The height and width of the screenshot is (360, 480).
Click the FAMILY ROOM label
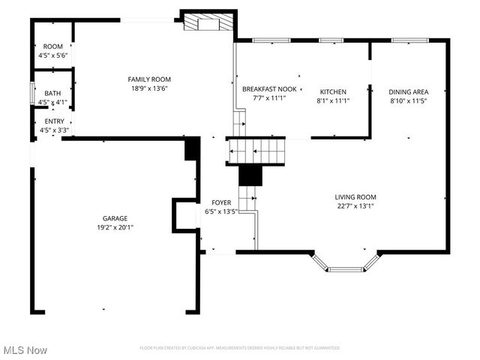click(149, 79)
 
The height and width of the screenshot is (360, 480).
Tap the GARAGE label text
click(115, 218)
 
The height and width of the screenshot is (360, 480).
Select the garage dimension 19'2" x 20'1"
click(115, 227)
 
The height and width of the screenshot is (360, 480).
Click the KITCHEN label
click(333, 92)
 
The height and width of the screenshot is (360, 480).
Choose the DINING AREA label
click(408, 92)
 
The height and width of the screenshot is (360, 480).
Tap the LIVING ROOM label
click(355, 197)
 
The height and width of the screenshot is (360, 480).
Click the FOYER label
click(221, 202)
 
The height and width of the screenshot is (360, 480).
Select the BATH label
click(52, 94)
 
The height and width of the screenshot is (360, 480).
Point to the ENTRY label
click(54, 121)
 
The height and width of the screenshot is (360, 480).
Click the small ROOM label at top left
click(52, 46)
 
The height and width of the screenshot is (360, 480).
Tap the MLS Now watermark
click(25, 350)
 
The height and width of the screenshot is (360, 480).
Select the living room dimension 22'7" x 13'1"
click(355, 206)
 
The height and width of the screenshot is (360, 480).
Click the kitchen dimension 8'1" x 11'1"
click(333, 100)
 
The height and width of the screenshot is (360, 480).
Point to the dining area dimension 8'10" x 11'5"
click(408, 100)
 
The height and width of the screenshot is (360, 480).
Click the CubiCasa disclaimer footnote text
click(239, 348)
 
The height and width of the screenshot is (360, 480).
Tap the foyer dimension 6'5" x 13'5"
click(221, 211)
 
